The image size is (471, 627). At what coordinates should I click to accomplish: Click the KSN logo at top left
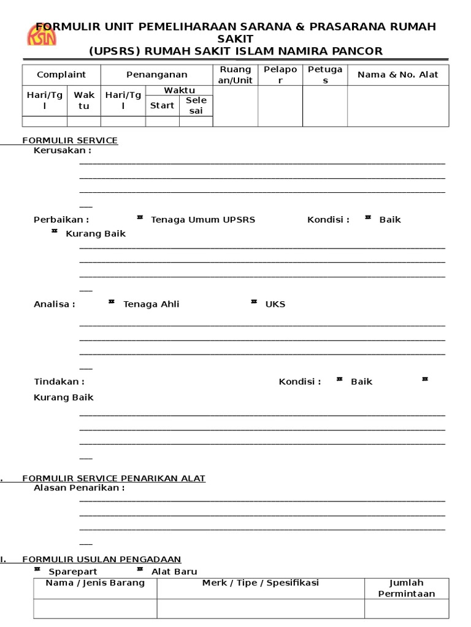(x=42, y=35)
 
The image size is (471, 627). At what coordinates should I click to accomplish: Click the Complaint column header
(x=61, y=75)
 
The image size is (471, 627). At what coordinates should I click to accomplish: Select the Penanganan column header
(x=156, y=75)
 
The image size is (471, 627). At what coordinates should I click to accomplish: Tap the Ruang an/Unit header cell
(x=235, y=75)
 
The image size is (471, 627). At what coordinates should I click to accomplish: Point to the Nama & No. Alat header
(x=398, y=75)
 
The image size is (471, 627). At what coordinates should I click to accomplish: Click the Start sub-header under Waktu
(x=163, y=105)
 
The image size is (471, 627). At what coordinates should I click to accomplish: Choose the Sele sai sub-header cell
(x=196, y=105)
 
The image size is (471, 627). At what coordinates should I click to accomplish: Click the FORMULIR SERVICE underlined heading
(x=70, y=140)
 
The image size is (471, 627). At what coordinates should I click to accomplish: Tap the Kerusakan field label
(x=62, y=150)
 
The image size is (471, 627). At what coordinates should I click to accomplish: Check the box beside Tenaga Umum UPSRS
(x=140, y=217)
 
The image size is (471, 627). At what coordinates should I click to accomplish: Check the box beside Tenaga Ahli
(x=112, y=301)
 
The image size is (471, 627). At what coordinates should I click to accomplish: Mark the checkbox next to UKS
(x=254, y=301)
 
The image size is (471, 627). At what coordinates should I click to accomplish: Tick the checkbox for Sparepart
(x=37, y=569)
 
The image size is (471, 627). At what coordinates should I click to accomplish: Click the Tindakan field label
(x=59, y=381)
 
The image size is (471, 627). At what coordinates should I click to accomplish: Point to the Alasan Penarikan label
(x=79, y=488)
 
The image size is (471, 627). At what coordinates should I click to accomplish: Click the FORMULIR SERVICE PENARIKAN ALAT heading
(x=113, y=478)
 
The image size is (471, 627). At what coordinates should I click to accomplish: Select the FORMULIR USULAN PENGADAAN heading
(x=102, y=559)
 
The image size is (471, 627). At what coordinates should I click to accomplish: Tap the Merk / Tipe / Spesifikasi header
(x=261, y=583)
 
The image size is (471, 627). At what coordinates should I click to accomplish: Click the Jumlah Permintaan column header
(x=407, y=588)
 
